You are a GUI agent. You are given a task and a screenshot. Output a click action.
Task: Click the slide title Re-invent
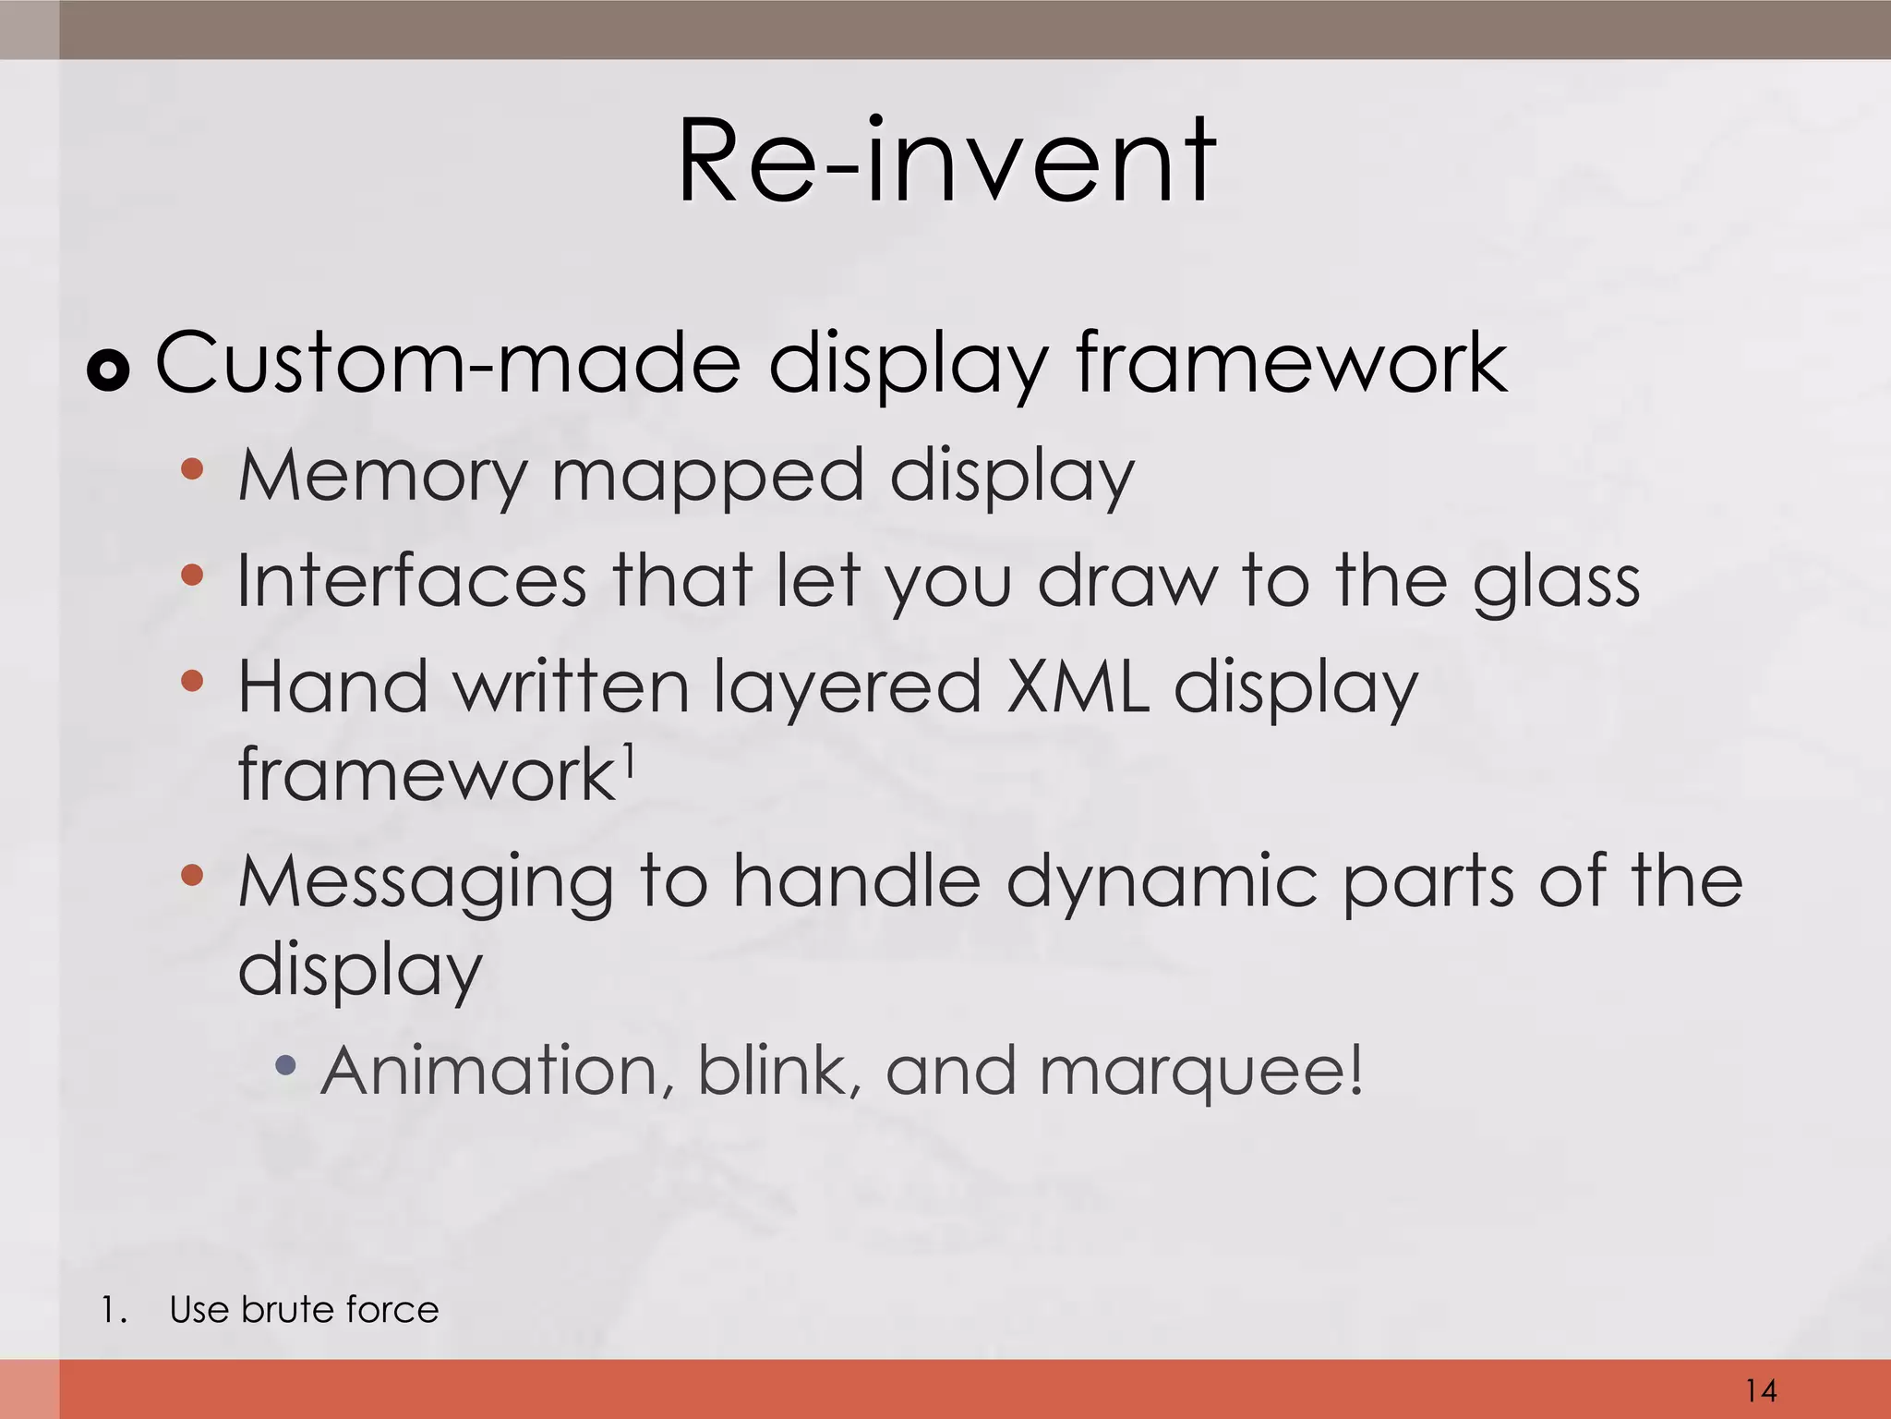pyautogui.click(x=946, y=162)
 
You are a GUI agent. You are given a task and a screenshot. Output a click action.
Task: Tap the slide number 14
pyautogui.click(x=1761, y=1389)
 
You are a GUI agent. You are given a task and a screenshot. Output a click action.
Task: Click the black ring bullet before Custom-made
pyautogui.click(x=108, y=371)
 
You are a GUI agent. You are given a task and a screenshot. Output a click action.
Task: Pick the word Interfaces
pyautogui.click(x=412, y=581)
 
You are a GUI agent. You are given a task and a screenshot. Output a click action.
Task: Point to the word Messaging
pyautogui.click(x=426, y=883)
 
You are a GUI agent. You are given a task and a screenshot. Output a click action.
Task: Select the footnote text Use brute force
pyautogui.click(x=304, y=1309)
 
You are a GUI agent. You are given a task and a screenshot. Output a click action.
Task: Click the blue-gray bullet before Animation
pyautogui.click(x=286, y=1065)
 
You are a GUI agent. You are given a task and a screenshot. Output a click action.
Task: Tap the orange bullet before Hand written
pyautogui.click(x=192, y=682)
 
